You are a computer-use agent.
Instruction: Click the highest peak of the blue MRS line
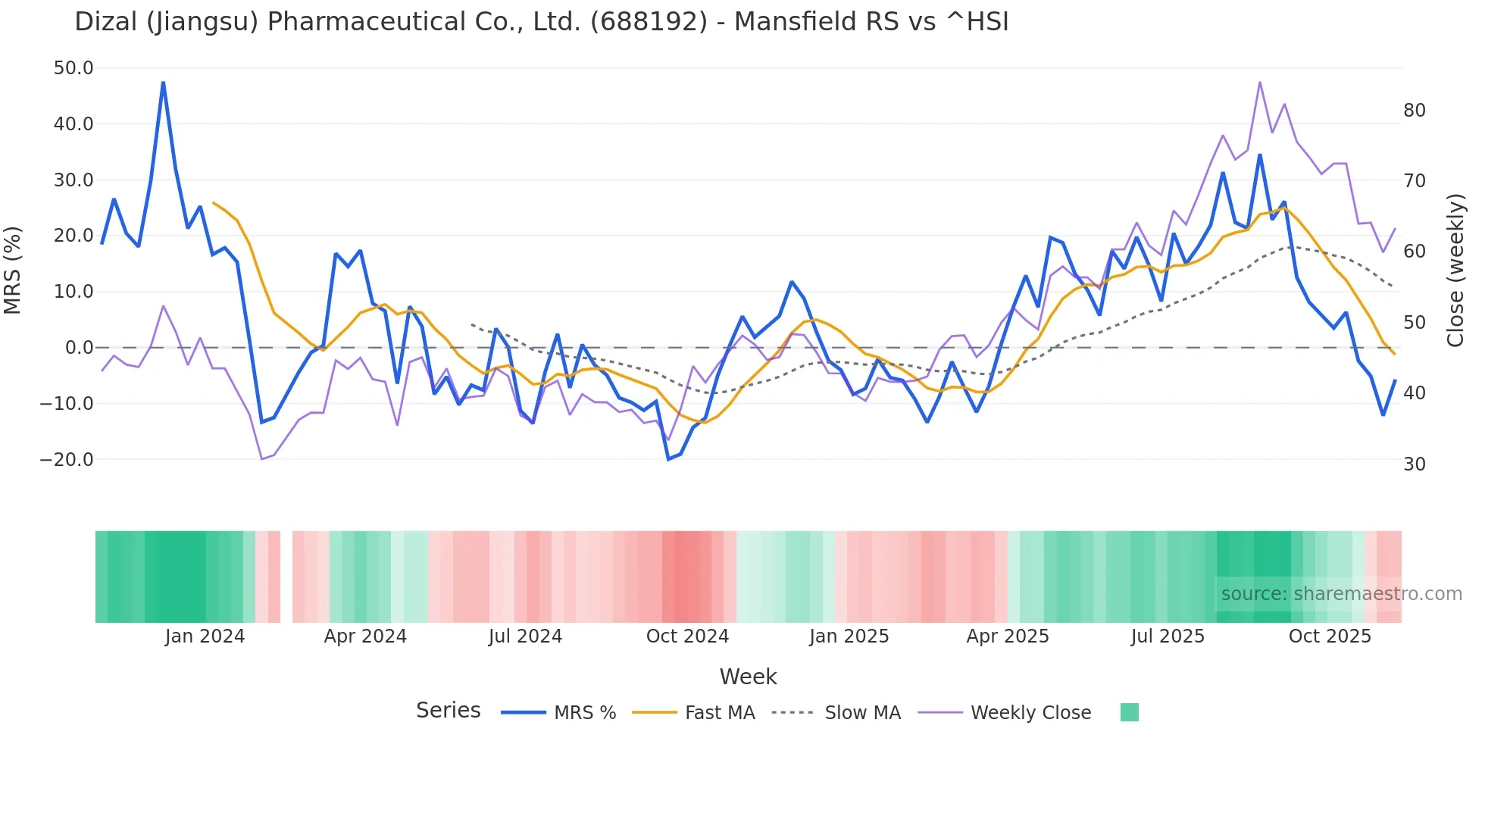(x=163, y=83)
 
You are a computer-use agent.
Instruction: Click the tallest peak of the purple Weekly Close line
(x=1259, y=82)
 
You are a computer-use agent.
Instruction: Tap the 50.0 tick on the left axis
(x=73, y=68)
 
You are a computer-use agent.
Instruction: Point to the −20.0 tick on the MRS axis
(x=67, y=459)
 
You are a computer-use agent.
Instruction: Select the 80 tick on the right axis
(x=1415, y=111)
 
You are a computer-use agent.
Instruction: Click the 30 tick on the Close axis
(x=1415, y=464)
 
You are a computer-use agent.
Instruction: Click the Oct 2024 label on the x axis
(x=687, y=636)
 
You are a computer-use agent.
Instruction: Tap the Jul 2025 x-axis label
(x=1168, y=636)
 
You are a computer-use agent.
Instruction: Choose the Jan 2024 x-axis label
(x=205, y=636)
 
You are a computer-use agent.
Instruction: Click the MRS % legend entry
(x=584, y=713)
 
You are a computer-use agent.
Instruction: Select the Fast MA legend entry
(x=719, y=713)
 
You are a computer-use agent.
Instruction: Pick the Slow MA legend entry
(x=862, y=713)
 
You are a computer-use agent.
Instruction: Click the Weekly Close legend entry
(x=1030, y=713)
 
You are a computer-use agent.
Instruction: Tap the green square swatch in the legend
(x=1129, y=712)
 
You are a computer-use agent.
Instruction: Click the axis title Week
(x=748, y=677)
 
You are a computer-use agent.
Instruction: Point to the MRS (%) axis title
(x=13, y=270)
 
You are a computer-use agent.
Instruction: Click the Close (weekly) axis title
(x=1455, y=270)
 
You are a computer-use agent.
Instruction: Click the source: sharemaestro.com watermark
(x=1341, y=594)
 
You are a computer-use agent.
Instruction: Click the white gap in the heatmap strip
(x=286, y=577)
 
